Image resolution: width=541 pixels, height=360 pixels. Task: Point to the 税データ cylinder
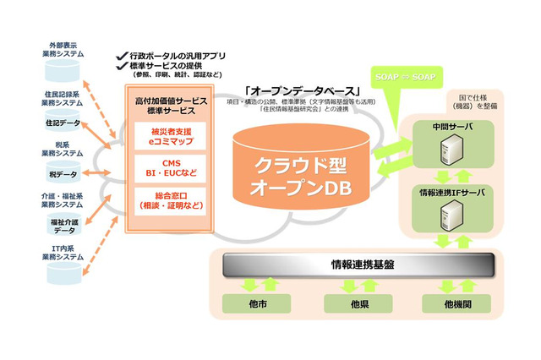[x=64, y=174]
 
